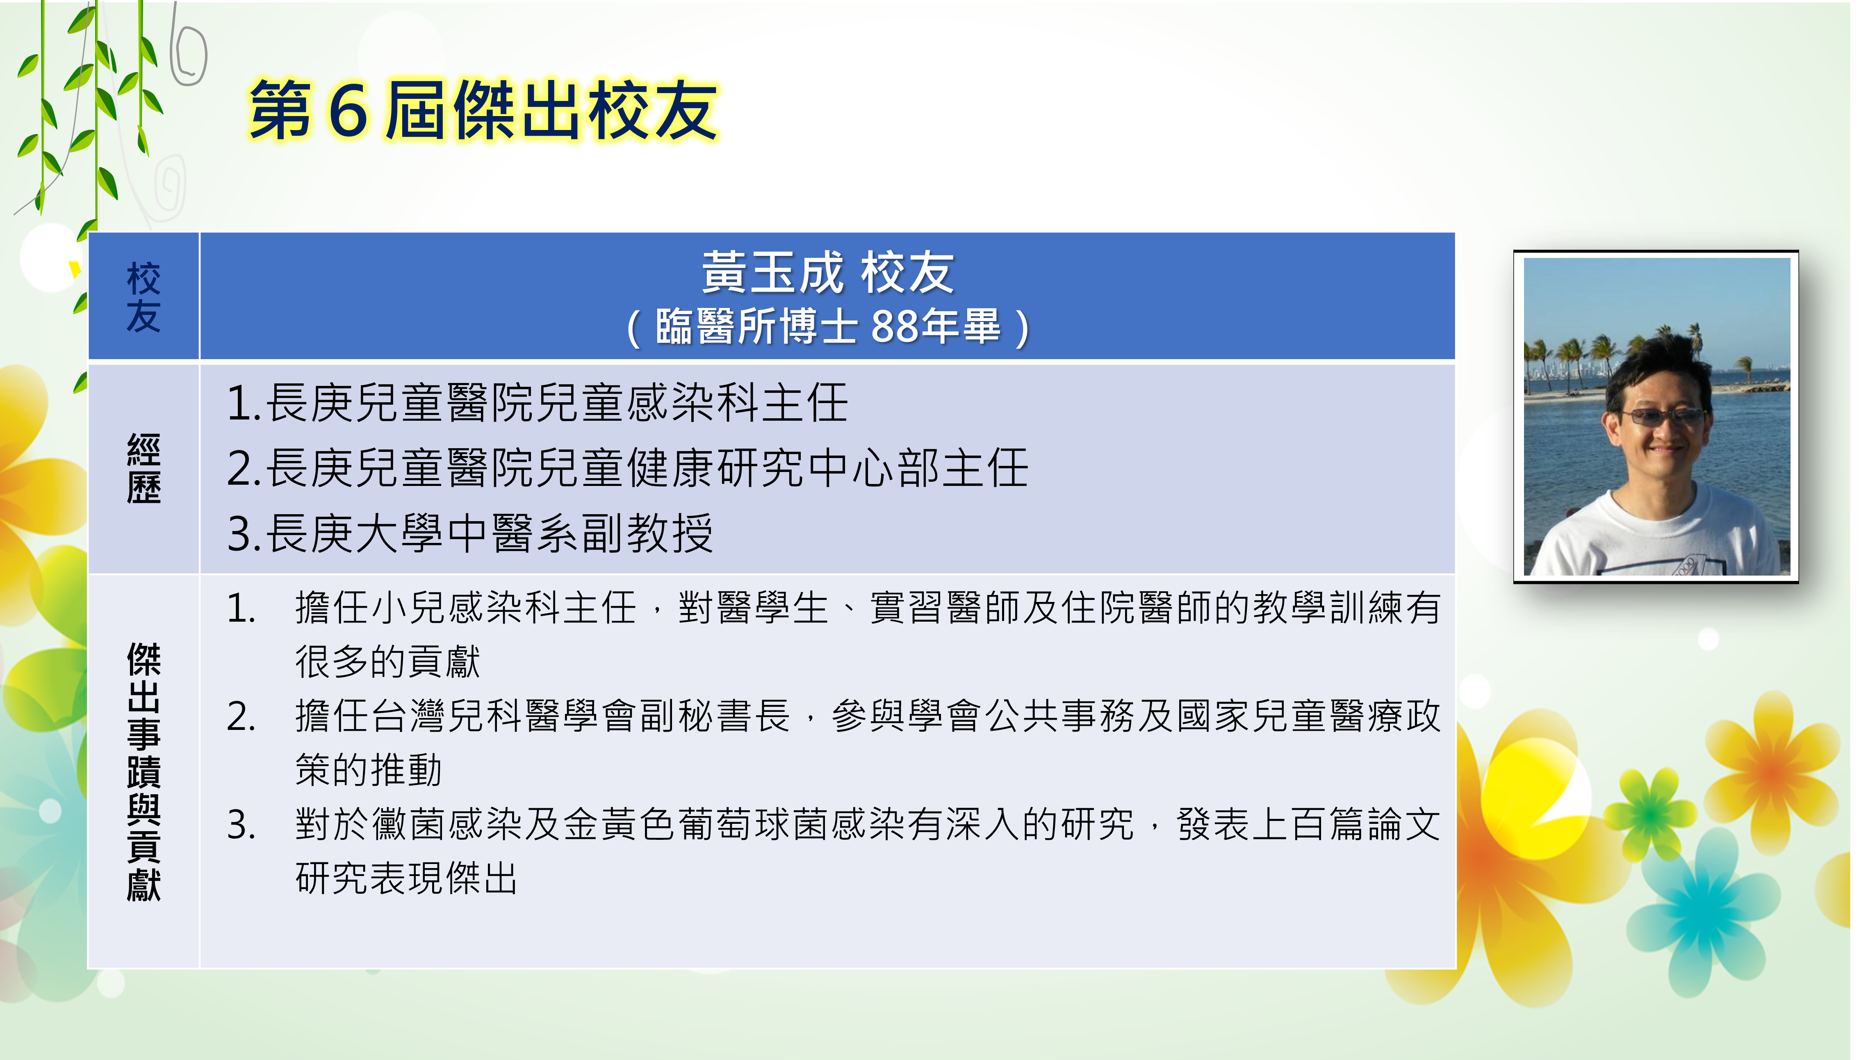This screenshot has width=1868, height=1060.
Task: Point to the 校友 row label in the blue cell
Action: (x=144, y=297)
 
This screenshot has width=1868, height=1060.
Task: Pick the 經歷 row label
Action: (x=144, y=468)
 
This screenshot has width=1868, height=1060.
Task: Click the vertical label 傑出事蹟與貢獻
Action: (x=144, y=772)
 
